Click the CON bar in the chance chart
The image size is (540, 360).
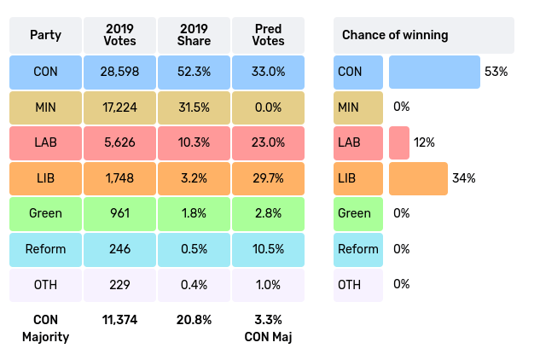click(434, 73)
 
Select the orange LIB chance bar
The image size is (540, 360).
click(418, 178)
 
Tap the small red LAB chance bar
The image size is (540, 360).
click(398, 142)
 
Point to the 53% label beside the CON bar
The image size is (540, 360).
click(496, 73)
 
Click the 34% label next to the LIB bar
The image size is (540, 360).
click(464, 178)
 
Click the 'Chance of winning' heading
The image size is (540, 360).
click(395, 35)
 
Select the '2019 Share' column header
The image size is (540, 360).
click(194, 35)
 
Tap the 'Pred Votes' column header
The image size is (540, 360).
click(269, 35)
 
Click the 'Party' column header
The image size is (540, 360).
click(45, 35)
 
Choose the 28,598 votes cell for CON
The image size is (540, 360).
click(120, 73)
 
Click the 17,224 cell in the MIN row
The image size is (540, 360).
click(120, 107)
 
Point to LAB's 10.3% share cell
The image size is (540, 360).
click(194, 142)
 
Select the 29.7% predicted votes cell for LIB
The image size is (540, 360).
click(269, 178)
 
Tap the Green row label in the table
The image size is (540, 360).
click(45, 213)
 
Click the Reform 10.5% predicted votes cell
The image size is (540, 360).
click(269, 249)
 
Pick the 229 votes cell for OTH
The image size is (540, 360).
click(120, 284)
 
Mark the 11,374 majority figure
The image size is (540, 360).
click(120, 320)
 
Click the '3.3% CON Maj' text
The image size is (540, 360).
click(269, 328)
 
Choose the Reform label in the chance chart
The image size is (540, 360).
click(358, 249)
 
